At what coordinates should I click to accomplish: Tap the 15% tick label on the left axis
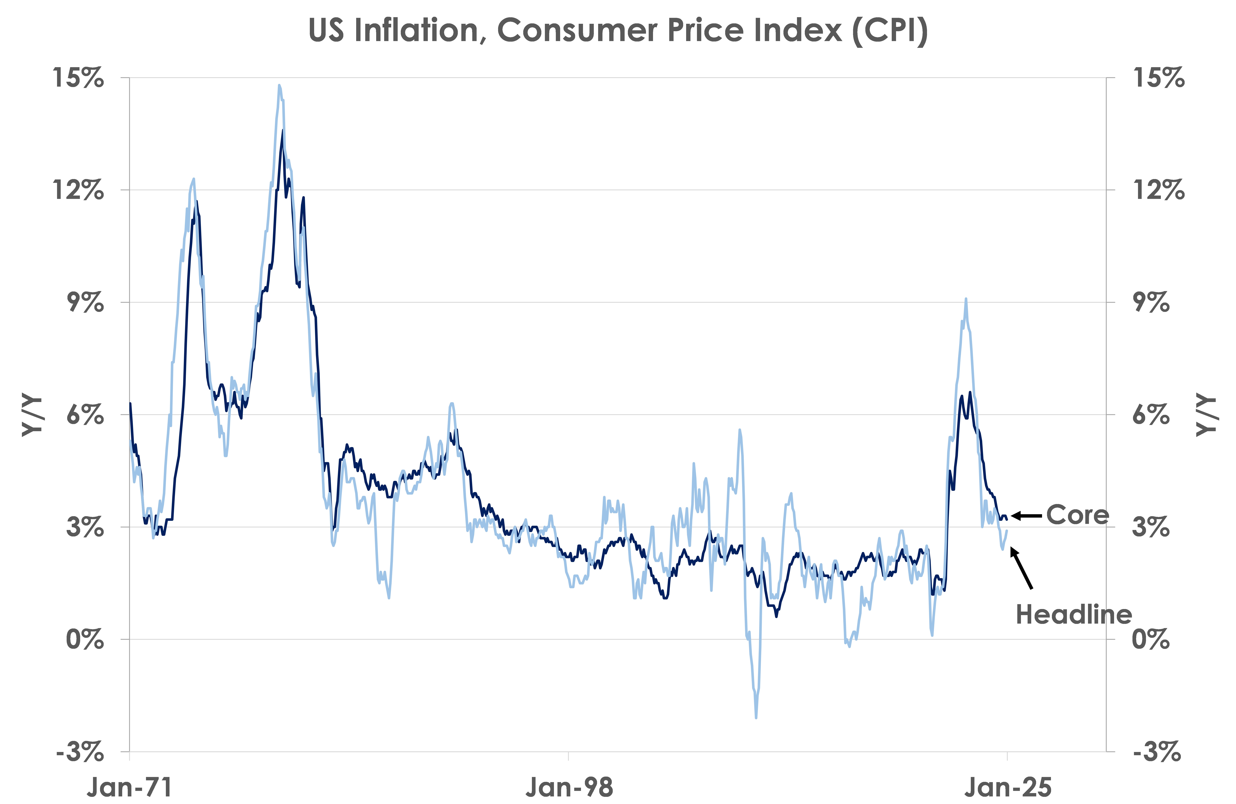pyautogui.click(x=78, y=78)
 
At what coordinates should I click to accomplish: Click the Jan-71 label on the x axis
pyautogui.click(x=129, y=787)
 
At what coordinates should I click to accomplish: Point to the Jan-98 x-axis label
pyautogui.click(x=569, y=787)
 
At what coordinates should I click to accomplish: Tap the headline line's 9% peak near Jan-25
pyautogui.click(x=966, y=299)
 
